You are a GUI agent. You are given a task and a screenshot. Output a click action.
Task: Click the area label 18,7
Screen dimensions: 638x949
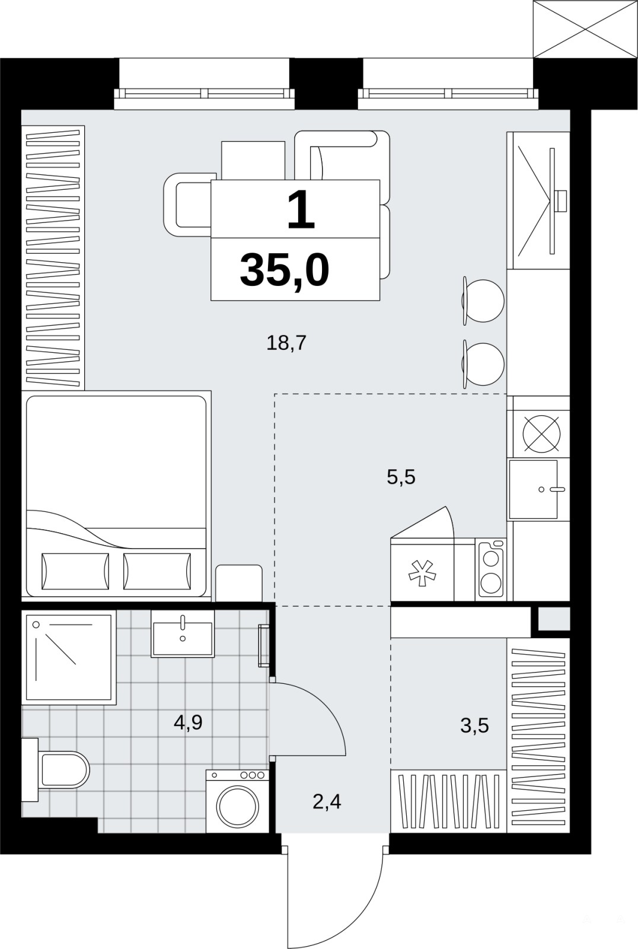click(286, 343)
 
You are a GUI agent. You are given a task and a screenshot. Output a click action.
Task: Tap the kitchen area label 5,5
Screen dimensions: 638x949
click(401, 477)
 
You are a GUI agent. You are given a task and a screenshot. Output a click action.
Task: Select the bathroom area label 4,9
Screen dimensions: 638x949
click(188, 722)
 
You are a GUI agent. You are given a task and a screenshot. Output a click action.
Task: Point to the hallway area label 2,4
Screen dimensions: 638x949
click(327, 802)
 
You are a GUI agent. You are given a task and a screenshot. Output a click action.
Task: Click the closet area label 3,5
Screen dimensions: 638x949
click(474, 726)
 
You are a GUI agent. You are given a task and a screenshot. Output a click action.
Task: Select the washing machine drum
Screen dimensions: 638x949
click(237, 805)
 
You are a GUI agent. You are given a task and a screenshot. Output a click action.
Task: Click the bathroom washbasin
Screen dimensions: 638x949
click(183, 633)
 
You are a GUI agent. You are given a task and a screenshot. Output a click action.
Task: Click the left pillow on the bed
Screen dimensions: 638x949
click(75, 571)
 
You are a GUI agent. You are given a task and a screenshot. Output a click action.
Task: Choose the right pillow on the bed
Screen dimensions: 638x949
click(157, 571)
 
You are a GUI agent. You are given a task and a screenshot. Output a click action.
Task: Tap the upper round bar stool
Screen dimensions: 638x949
click(483, 301)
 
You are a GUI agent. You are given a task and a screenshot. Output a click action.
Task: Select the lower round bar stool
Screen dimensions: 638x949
click(483, 364)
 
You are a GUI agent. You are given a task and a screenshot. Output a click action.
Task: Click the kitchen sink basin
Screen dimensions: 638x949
click(533, 489)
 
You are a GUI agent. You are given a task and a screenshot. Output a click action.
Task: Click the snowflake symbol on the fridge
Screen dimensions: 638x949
click(422, 573)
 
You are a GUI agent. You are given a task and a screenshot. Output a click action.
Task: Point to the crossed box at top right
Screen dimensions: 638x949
click(585, 29)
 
